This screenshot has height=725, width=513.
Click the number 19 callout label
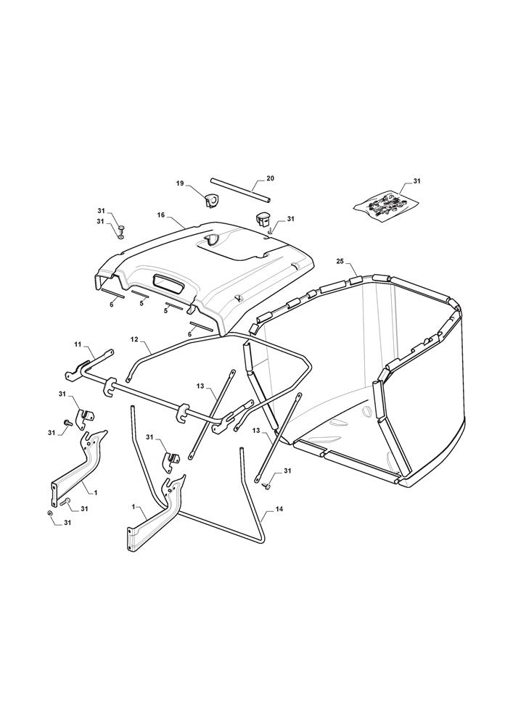tap(181, 183)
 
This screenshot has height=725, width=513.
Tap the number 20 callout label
tap(271, 178)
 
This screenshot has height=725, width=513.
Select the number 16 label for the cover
tap(161, 215)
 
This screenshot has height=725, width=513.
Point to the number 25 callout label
tap(340, 262)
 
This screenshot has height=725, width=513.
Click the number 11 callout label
tap(77, 344)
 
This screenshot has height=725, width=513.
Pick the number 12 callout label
tap(134, 339)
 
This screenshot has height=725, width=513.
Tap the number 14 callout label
tap(278, 509)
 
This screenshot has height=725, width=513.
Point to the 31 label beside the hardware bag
tap(416, 181)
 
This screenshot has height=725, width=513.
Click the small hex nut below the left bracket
tap(49, 513)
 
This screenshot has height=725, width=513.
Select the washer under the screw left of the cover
tap(121, 237)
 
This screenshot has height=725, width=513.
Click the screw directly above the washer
tap(121, 228)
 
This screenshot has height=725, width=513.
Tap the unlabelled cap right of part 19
tap(263, 219)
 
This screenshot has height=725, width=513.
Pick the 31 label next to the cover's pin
tap(290, 218)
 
